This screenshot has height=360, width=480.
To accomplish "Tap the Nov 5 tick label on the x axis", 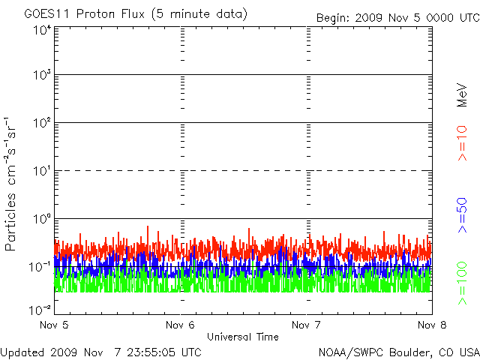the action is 54,325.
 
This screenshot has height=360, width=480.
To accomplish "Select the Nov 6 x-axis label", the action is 180,325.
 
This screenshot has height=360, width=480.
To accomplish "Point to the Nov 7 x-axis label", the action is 306,325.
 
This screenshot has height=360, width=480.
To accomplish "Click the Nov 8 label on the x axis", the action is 432,325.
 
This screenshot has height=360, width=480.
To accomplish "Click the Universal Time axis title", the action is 243,337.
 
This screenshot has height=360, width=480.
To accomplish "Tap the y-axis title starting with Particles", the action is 10,184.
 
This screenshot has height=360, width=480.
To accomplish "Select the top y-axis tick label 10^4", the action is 42,30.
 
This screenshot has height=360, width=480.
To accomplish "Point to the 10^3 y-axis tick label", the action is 42,74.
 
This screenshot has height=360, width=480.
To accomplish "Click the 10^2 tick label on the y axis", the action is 42,122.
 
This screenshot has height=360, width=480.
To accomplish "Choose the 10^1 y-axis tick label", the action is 42,170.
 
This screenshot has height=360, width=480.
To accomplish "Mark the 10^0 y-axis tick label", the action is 42,218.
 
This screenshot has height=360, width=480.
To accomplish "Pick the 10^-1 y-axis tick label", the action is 40,267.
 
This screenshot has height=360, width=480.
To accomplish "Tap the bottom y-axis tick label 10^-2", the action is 40,310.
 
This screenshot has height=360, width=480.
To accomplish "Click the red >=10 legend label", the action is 462,143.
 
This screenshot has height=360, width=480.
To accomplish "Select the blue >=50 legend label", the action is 462,215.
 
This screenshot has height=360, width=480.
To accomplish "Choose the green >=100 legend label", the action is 462,283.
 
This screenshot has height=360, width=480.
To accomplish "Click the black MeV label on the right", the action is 462,95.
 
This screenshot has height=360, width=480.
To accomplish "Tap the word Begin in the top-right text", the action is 333,18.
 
